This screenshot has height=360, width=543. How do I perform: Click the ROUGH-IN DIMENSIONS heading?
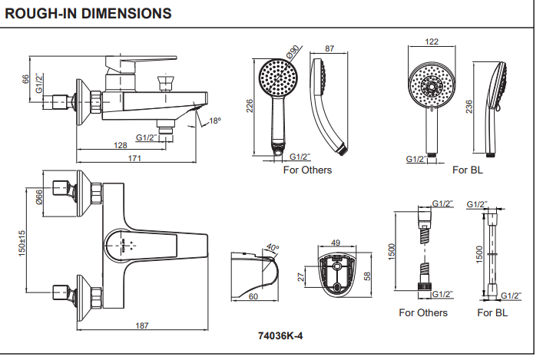click(x=88, y=14)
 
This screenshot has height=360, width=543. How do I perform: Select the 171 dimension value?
click(x=134, y=159)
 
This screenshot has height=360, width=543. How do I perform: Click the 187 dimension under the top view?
click(x=142, y=326)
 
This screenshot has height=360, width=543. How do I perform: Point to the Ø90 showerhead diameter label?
click(x=293, y=52)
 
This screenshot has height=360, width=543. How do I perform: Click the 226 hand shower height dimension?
click(x=250, y=106)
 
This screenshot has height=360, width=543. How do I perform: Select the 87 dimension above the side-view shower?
click(x=329, y=48)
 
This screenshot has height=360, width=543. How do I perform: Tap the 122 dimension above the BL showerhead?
click(x=432, y=42)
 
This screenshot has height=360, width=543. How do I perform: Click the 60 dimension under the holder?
click(x=253, y=296)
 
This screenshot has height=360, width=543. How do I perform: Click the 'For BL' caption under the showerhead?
click(x=466, y=170)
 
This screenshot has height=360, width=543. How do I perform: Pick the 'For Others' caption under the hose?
click(x=422, y=312)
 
